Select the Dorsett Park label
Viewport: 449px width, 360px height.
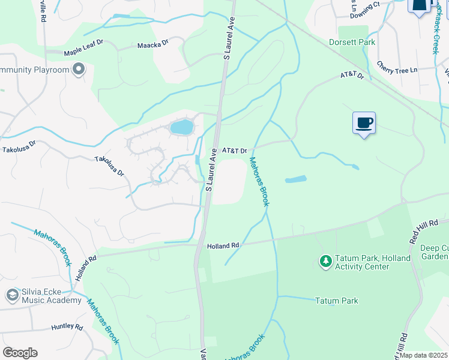coord(352,43)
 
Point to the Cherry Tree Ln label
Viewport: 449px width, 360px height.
coord(397,70)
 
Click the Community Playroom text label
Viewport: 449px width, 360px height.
coord(35,70)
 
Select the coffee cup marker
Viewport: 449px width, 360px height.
coord(364,123)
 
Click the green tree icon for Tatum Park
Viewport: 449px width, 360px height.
coord(325,262)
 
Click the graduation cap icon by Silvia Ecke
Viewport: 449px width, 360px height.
coord(12,295)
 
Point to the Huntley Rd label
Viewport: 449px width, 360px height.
coord(67,327)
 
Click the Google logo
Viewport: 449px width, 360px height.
coord(20,353)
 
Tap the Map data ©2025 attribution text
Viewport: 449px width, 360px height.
coord(423,355)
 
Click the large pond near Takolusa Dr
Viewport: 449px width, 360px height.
coord(182,127)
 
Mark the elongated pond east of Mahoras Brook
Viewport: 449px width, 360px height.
coord(295,179)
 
